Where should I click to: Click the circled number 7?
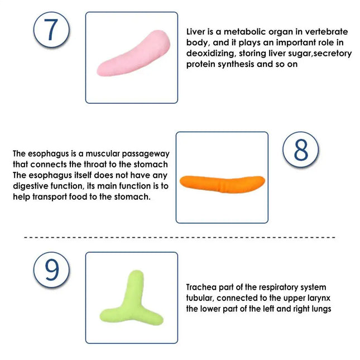point(51,30)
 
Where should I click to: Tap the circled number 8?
point(300,150)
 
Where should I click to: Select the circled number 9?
point(51,270)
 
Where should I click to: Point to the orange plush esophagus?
point(222,184)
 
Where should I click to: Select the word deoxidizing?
point(210,54)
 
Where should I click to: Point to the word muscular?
point(102,153)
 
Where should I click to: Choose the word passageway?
point(146,154)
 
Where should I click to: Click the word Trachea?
point(201,287)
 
